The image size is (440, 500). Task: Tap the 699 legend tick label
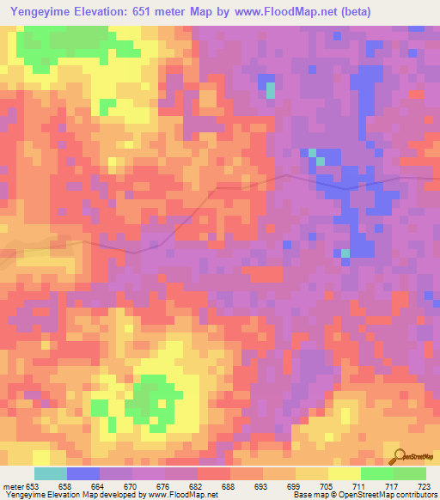click(x=294, y=486)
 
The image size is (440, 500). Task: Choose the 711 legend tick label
click(x=359, y=486)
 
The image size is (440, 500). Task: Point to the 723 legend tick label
click(x=425, y=486)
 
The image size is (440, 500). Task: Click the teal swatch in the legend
click(x=51, y=473)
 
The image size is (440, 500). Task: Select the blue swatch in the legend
click(x=83, y=473)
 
